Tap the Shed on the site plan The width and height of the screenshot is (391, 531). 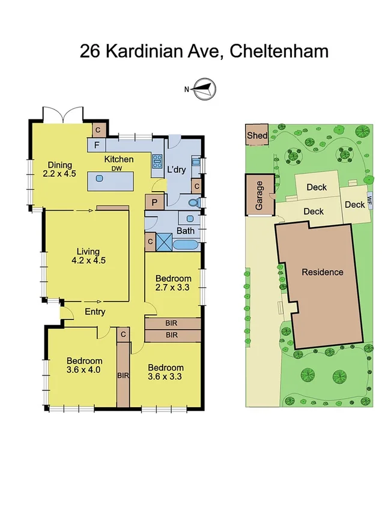(257, 136)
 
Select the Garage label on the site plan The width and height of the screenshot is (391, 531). (260, 196)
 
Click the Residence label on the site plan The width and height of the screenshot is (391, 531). (323, 272)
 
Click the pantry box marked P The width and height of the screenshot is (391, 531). (154, 202)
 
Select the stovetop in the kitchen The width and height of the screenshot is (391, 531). (158, 161)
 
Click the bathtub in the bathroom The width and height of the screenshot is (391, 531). (186, 246)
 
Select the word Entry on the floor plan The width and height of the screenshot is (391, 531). (95, 312)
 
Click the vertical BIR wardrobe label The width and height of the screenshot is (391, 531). (123, 375)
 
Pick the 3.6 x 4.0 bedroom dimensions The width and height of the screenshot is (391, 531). (84, 370)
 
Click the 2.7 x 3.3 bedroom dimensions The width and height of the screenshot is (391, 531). (174, 288)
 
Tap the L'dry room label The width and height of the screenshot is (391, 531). (177, 170)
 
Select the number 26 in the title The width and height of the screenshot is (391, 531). (91, 52)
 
